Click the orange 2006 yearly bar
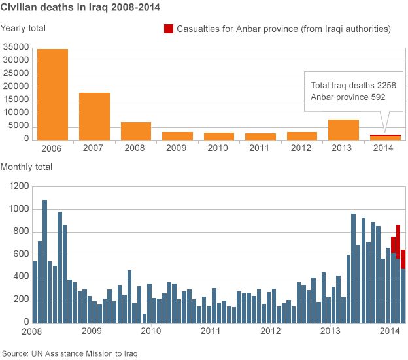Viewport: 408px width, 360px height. point(52,95)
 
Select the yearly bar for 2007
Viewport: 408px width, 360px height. point(94,116)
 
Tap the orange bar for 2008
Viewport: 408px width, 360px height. point(136,131)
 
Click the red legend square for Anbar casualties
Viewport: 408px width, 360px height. point(168,29)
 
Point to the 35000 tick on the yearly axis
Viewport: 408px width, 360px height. point(15,47)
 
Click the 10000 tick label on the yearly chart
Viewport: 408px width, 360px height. point(15,113)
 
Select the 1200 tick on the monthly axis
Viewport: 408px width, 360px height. point(19,187)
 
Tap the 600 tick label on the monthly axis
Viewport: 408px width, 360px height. point(21,254)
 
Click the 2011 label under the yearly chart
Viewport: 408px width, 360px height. point(260,148)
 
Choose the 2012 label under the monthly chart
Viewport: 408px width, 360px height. point(270,331)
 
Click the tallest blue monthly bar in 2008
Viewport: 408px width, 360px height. point(44,261)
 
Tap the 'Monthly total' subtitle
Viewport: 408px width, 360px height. point(27,167)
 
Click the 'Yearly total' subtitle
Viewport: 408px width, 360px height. point(24,28)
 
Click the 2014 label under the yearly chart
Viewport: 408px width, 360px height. point(384,148)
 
